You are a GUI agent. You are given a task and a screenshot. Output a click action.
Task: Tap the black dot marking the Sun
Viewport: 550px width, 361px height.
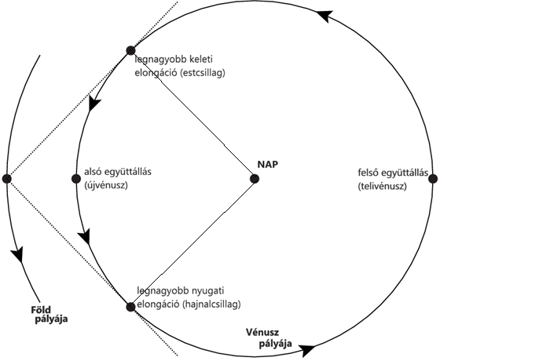click(x=255, y=179)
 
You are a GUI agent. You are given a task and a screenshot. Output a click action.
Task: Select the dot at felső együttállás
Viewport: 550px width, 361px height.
click(x=432, y=179)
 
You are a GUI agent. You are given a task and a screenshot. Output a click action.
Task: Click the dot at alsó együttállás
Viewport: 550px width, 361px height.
click(x=76, y=179)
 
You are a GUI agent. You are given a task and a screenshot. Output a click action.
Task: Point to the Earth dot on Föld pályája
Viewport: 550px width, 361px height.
click(x=7, y=179)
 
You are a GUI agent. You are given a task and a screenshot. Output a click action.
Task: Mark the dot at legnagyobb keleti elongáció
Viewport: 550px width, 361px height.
click(x=131, y=51)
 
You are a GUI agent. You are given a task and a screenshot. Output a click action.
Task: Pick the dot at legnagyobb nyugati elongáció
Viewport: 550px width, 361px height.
click(x=131, y=306)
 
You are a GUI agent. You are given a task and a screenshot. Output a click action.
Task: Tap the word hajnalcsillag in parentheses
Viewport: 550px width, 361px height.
click(x=211, y=303)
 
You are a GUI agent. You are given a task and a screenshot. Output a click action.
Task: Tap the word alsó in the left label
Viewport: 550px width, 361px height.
click(x=93, y=173)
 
